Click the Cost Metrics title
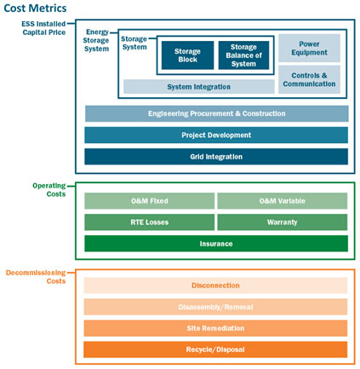(35, 9)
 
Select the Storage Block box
(187, 55)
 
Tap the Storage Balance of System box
(243, 55)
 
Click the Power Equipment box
(309, 48)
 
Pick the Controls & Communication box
(309, 79)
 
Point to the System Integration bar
(199, 87)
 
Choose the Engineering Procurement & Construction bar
(217, 113)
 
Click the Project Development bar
(216, 135)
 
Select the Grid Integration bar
(216, 157)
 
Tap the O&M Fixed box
(150, 201)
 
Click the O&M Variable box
(283, 201)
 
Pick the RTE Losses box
(150, 222)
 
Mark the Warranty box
(283, 222)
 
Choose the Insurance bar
(216, 244)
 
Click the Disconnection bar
(215, 285)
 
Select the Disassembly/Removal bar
(215, 307)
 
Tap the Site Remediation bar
(215, 328)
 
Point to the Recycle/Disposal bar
(215, 349)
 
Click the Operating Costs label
(49, 190)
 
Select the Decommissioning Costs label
(36, 277)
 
